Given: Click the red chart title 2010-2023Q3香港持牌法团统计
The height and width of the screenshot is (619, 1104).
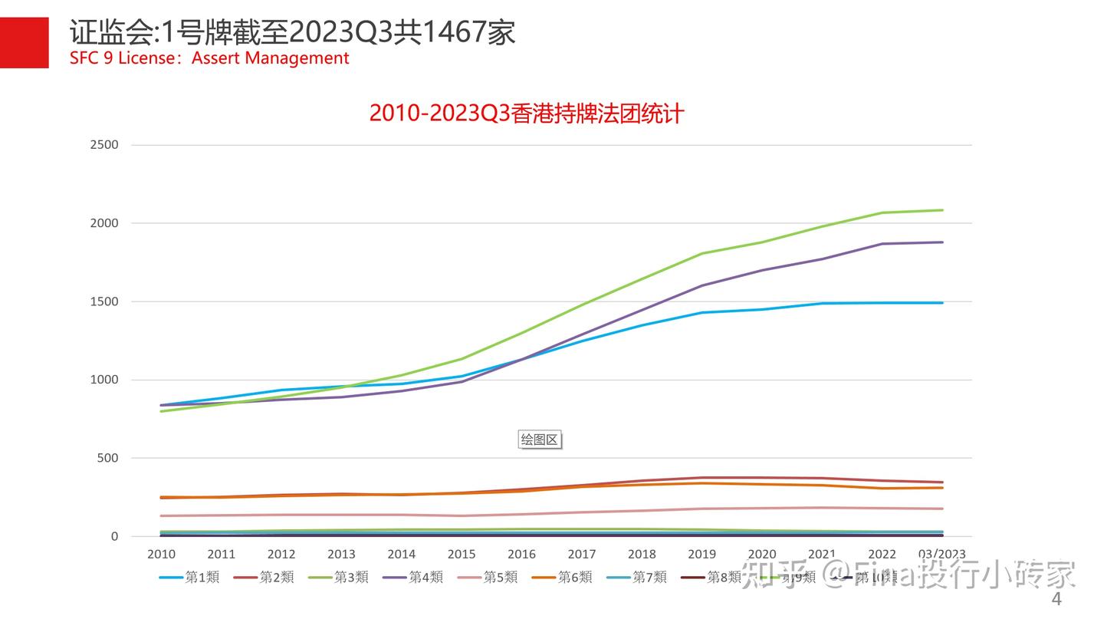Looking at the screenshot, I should click(526, 114).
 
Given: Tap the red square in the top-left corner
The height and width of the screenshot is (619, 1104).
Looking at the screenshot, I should click(24, 42).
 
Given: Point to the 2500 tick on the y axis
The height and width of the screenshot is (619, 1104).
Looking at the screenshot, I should click(104, 145).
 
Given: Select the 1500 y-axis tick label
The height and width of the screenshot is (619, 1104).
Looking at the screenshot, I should click(104, 301).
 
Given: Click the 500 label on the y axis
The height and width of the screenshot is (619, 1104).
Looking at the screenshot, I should click(108, 458).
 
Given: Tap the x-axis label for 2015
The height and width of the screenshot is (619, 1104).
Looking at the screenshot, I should click(462, 554).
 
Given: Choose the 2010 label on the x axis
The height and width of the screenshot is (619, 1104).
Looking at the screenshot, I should click(161, 554).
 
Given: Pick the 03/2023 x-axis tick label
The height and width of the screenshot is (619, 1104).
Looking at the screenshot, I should click(941, 554).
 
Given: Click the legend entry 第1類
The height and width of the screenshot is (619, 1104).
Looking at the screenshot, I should click(189, 577).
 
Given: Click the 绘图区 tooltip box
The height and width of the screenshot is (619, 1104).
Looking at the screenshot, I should click(540, 440).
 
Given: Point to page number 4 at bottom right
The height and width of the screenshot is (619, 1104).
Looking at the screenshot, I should click(1056, 599).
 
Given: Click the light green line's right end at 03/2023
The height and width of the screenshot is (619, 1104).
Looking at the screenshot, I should click(942, 210).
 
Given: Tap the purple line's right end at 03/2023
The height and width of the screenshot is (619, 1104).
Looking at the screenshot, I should click(942, 242).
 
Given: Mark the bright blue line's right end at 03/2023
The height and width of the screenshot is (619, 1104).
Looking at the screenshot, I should click(942, 303).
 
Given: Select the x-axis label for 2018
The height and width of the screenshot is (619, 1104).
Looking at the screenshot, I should click(642, 554).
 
